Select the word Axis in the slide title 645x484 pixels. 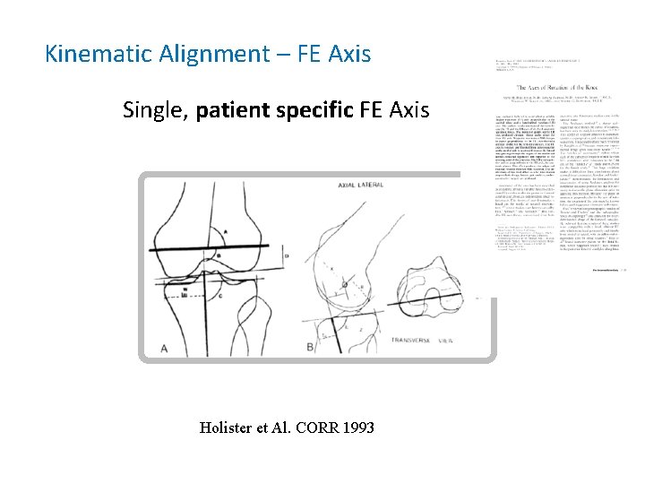tap(348, 55)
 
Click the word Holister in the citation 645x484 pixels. tap(229, 428)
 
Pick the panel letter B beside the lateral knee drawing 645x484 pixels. tap(310, 346)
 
